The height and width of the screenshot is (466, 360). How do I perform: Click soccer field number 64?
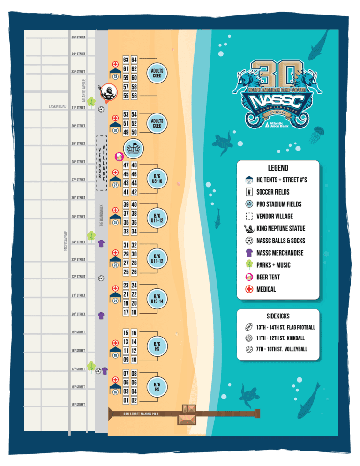pos(134,60)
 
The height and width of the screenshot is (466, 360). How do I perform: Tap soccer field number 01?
pos(126,400)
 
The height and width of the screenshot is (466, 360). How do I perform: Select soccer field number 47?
pos(126,165)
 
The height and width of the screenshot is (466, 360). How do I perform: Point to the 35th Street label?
pos(78,37)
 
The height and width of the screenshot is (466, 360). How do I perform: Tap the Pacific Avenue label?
pos(66,241)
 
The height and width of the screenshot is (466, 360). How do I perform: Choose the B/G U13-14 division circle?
pos(157,299)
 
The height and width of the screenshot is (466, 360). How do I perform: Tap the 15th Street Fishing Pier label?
pos(140,414)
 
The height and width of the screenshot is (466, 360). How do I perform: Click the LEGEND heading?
pos(278,168)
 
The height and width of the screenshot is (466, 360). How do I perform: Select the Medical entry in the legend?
pos(266,289)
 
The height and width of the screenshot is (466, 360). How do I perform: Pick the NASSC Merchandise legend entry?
pos(279,253)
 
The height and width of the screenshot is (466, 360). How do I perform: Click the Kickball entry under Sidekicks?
pos(281,338)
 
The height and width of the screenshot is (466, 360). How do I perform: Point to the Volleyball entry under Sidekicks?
pos(282,349)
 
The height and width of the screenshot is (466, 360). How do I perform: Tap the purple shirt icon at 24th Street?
pos(101,243)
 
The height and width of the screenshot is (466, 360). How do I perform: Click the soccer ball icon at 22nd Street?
pos(101,278)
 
